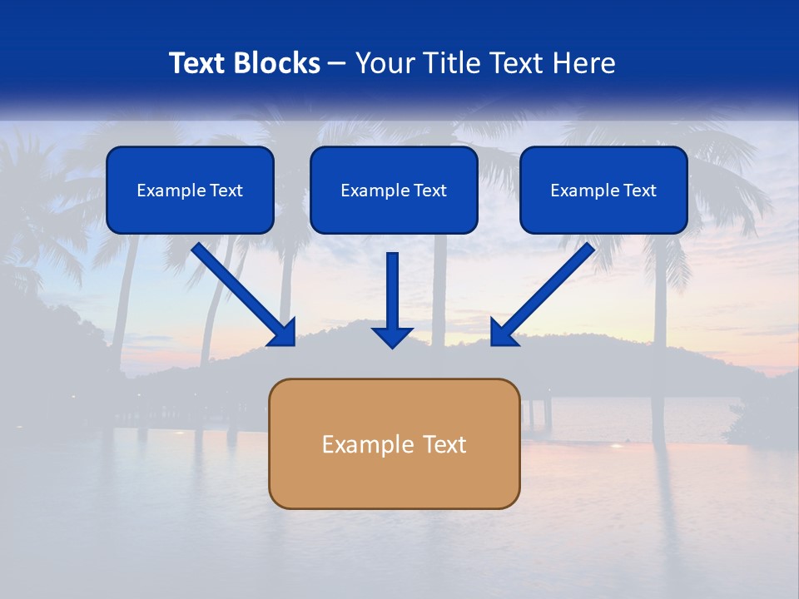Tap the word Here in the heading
[x=583, y=63]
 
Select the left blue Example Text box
[x=190, y=190]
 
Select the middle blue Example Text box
[x=394, y=190]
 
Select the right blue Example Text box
[x=603, y=190]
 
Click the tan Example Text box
[x=394, y=443]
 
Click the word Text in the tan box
[x=444, y=444]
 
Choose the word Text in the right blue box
[x=639, y=191]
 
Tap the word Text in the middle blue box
[x=429, y=191]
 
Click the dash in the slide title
[x=337, y=64]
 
